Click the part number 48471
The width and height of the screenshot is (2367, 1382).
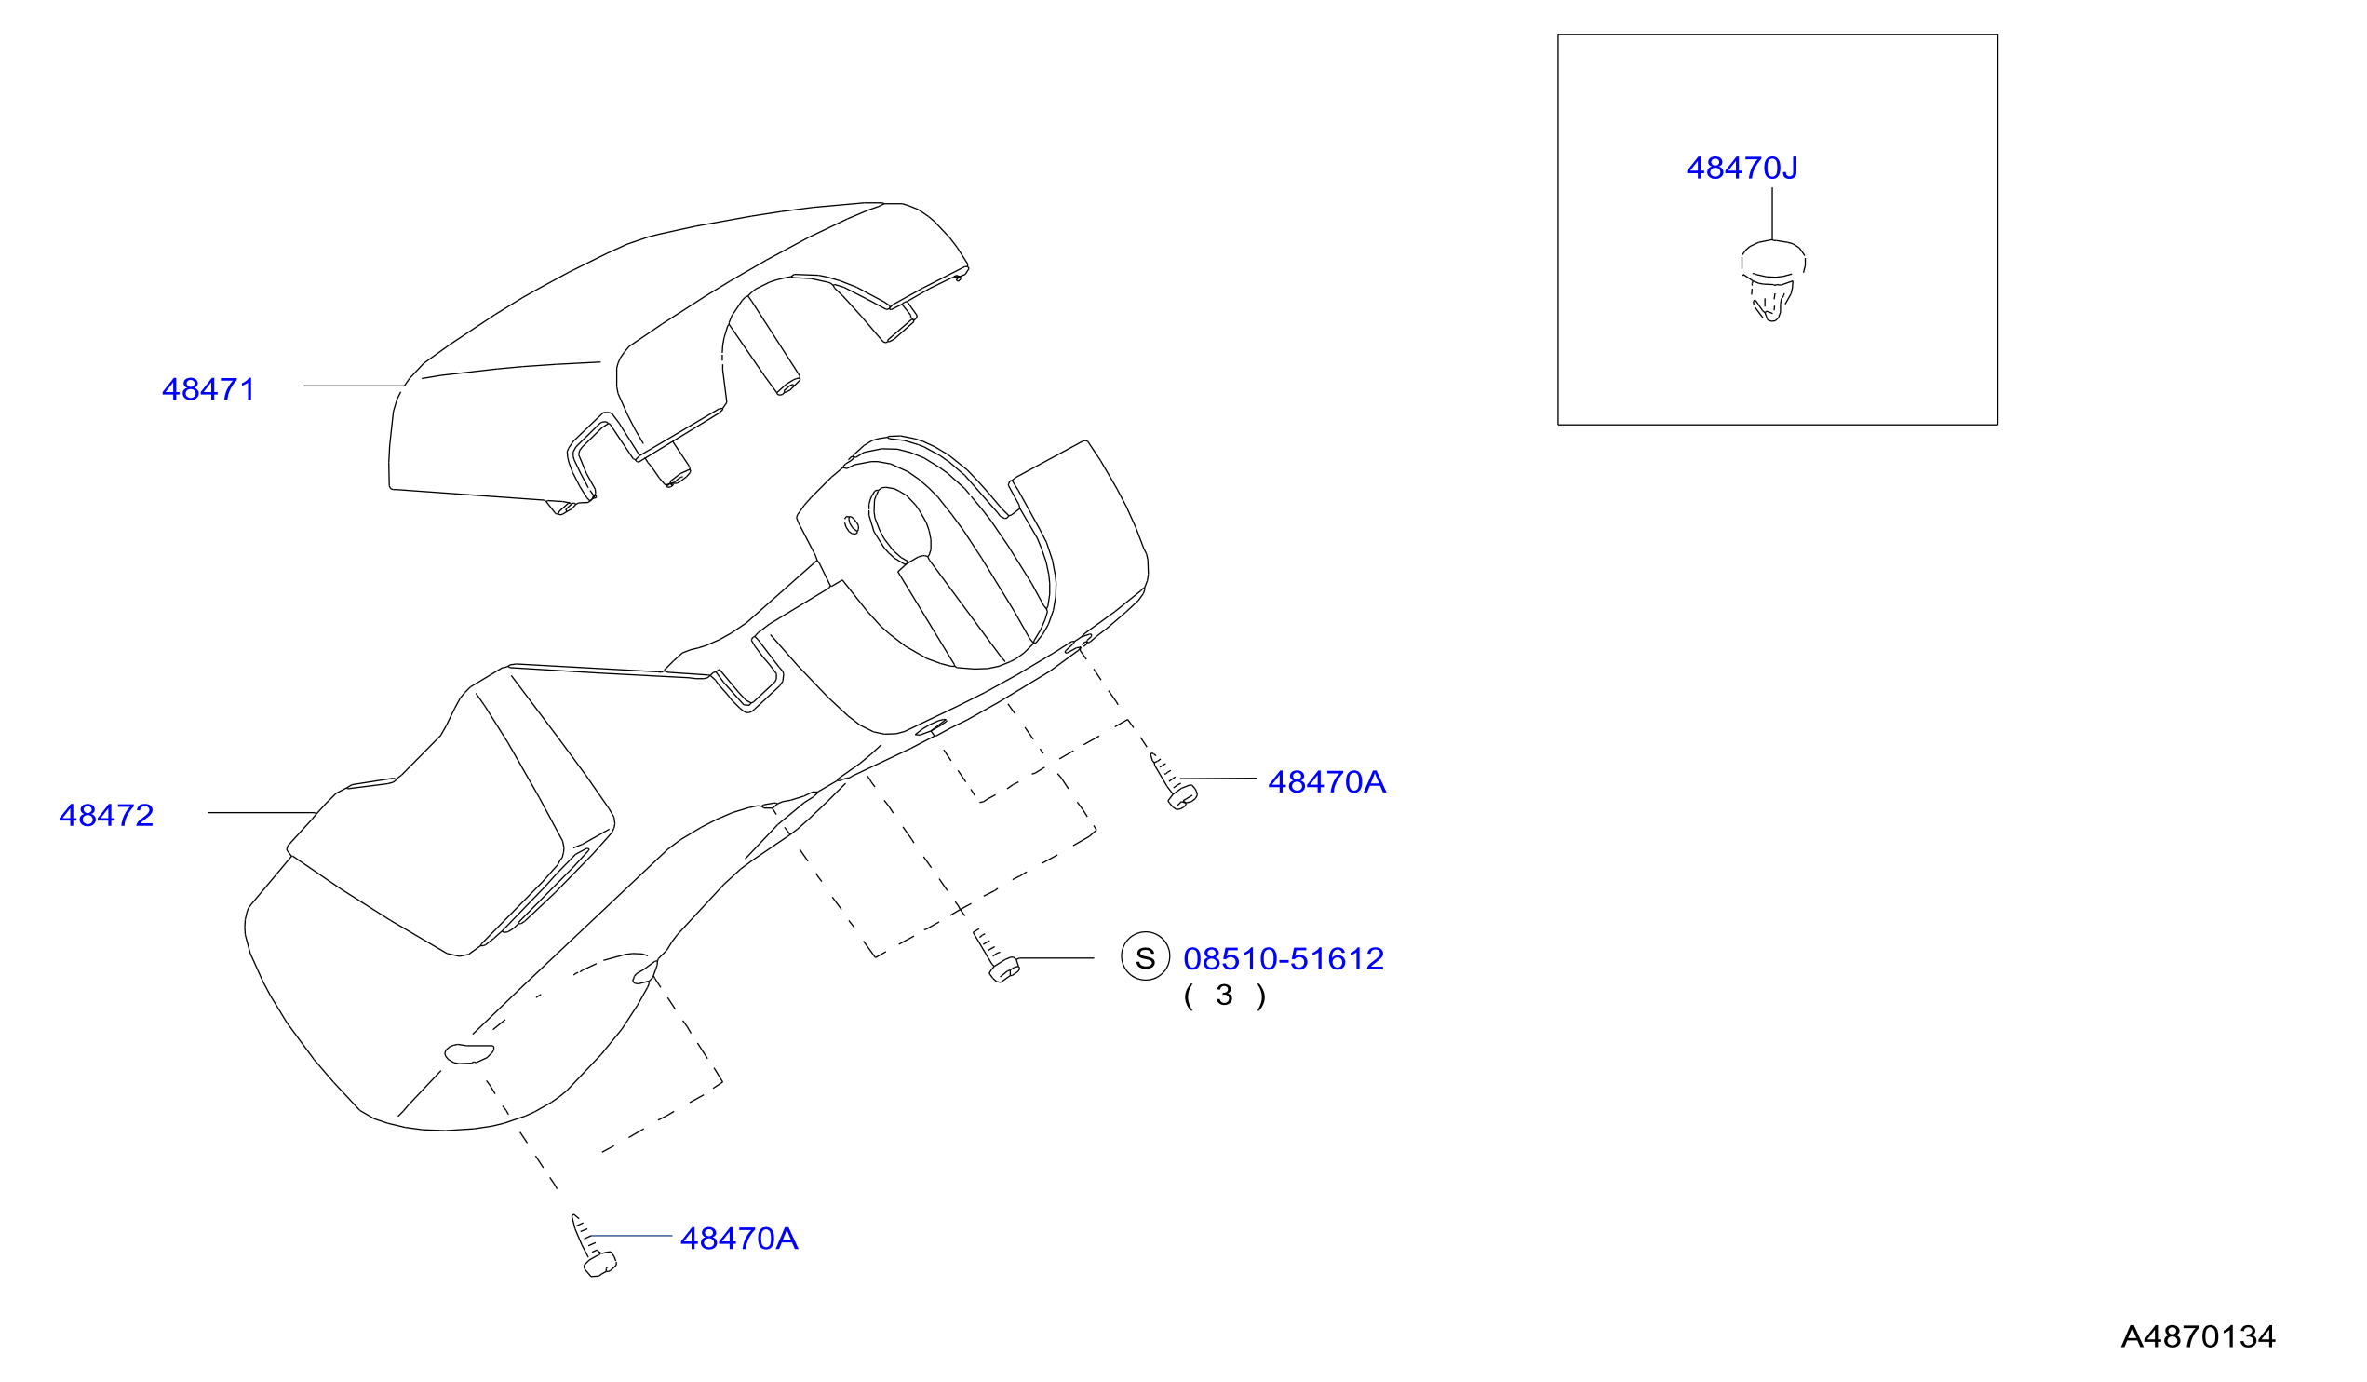click(208, 389)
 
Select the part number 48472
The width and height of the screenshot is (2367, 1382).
click(106, 815)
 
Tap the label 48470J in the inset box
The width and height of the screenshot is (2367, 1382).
click(1742, 169)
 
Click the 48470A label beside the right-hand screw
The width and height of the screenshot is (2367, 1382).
click(1326, 781)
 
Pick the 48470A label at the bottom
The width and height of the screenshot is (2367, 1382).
click(738, 1239)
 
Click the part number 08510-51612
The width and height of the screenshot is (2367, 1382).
click(1283, 958)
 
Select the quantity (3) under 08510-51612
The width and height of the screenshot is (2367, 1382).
click(1225, 995)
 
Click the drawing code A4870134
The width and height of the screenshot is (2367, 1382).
click(2198, 1336)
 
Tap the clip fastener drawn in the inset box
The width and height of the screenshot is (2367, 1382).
click(1772, 280)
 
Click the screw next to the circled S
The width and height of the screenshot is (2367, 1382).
click(996, 956)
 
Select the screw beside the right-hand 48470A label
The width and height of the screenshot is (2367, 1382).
click(1173, 781)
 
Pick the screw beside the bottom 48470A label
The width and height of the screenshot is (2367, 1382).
click(594, 1247)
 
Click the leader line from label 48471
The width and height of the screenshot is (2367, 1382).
click(353, 386)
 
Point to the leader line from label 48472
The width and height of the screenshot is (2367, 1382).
click(262, 813)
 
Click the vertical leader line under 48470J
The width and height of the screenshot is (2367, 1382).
click(1771, 213)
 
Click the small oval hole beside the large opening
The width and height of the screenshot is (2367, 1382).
click(852, 524)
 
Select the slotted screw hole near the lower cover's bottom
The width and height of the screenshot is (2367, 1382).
click(469, 1054)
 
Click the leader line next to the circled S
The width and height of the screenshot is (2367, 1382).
click(1055, 958)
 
